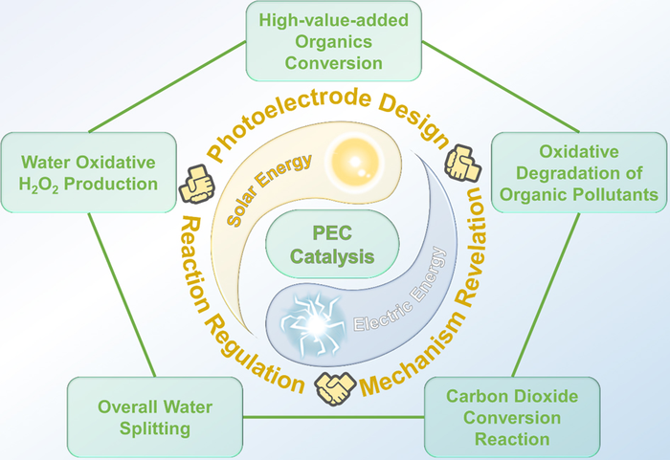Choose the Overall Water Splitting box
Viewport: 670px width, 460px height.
141,417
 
